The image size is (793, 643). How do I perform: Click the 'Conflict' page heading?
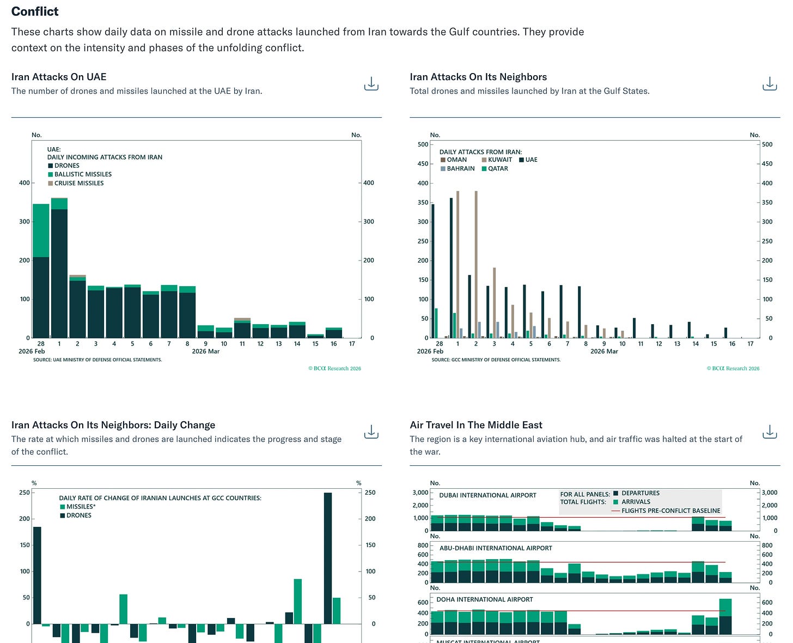[x=35, y=11]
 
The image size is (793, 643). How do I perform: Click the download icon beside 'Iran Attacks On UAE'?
[x=371, y=84]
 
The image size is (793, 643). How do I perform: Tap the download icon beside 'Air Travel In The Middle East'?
[x=770, y=432]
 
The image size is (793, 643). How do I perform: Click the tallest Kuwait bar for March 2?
[x=476, y=264]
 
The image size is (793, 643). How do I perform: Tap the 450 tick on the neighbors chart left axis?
[x=423, y=163]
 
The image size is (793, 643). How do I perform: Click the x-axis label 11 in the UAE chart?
[x=242, y=344]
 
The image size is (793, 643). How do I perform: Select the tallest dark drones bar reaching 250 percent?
[x=328, y=558]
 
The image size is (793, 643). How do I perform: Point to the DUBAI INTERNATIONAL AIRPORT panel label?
[x=487, y=495]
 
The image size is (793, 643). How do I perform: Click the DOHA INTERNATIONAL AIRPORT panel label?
[x=485, y=599]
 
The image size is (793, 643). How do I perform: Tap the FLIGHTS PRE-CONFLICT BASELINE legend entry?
[x=670, y=511]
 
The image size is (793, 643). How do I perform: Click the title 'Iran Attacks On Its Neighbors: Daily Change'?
[x=113, y=425]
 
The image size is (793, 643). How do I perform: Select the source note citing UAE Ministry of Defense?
[x=97, y=360]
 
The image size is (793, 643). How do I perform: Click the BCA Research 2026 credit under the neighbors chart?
[x=733, y=368]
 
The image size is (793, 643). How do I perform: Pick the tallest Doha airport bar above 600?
[x=725, y=616]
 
